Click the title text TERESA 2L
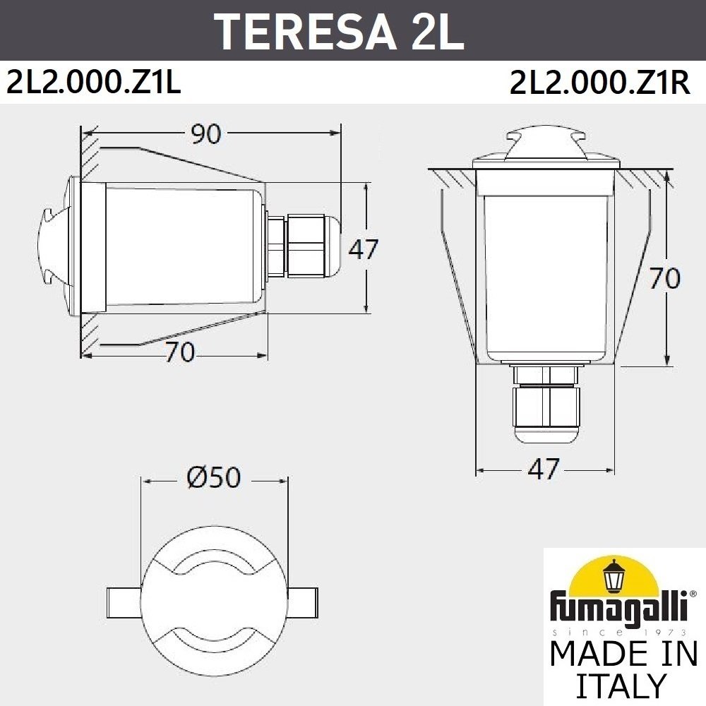[x=339, y=30]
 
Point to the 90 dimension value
[x=206, y=134]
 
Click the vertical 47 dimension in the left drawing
[x=364, y=249]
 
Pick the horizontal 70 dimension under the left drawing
[x=179, y=352]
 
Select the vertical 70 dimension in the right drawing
[x=664, y=278]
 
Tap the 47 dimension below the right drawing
[x=544, y=469]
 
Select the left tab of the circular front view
[x=125, y=601]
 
